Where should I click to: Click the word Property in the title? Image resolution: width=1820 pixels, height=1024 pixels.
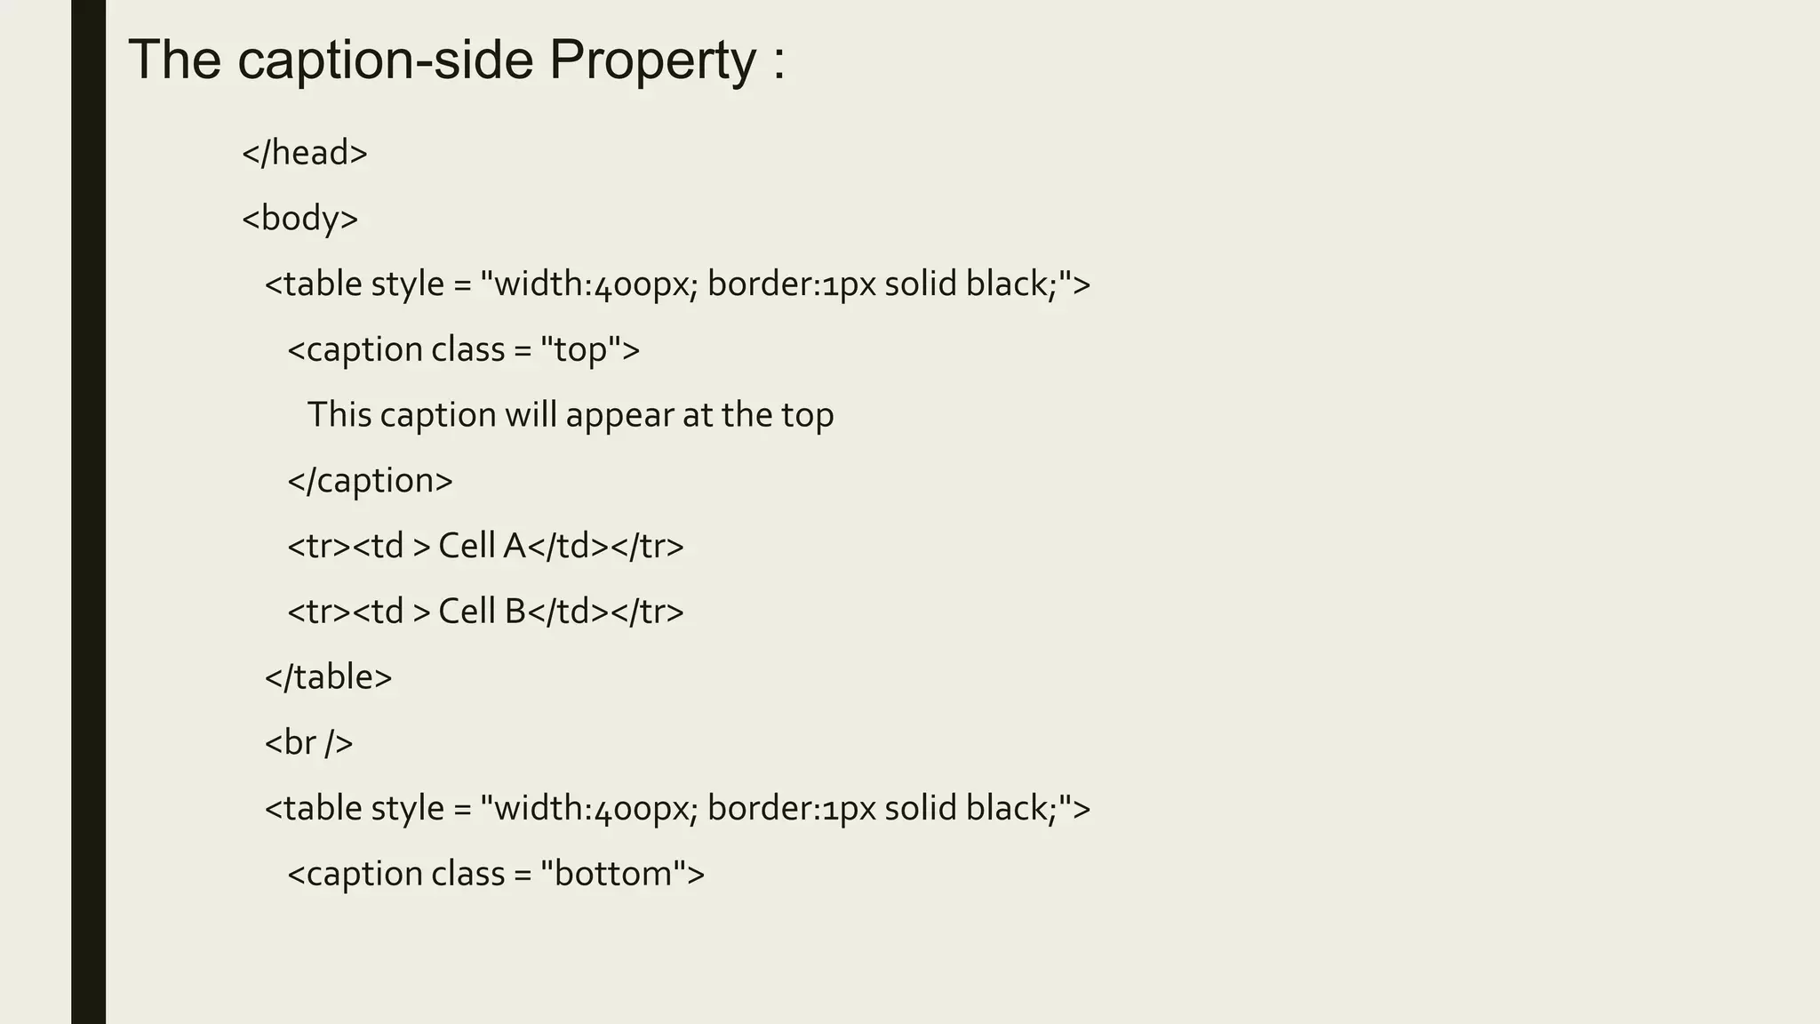coord(652,60)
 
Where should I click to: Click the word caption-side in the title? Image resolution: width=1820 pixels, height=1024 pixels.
coord(386,60)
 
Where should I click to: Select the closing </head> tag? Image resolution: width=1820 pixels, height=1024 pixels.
coord(305,153)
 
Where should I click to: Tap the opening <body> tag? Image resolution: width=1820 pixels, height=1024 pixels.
coord(300,219)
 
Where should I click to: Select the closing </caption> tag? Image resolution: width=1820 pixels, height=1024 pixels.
coord(370,481)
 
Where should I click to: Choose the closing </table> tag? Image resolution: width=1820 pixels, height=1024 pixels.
coord(328,677)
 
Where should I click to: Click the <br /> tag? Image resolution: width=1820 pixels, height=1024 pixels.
coord(308,742)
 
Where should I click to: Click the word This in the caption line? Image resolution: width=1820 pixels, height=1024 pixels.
coord(339,415)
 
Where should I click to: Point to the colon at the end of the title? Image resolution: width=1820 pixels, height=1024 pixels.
coord(779,62)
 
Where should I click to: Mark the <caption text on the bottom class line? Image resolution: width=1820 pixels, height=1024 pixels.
coord(355,874)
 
